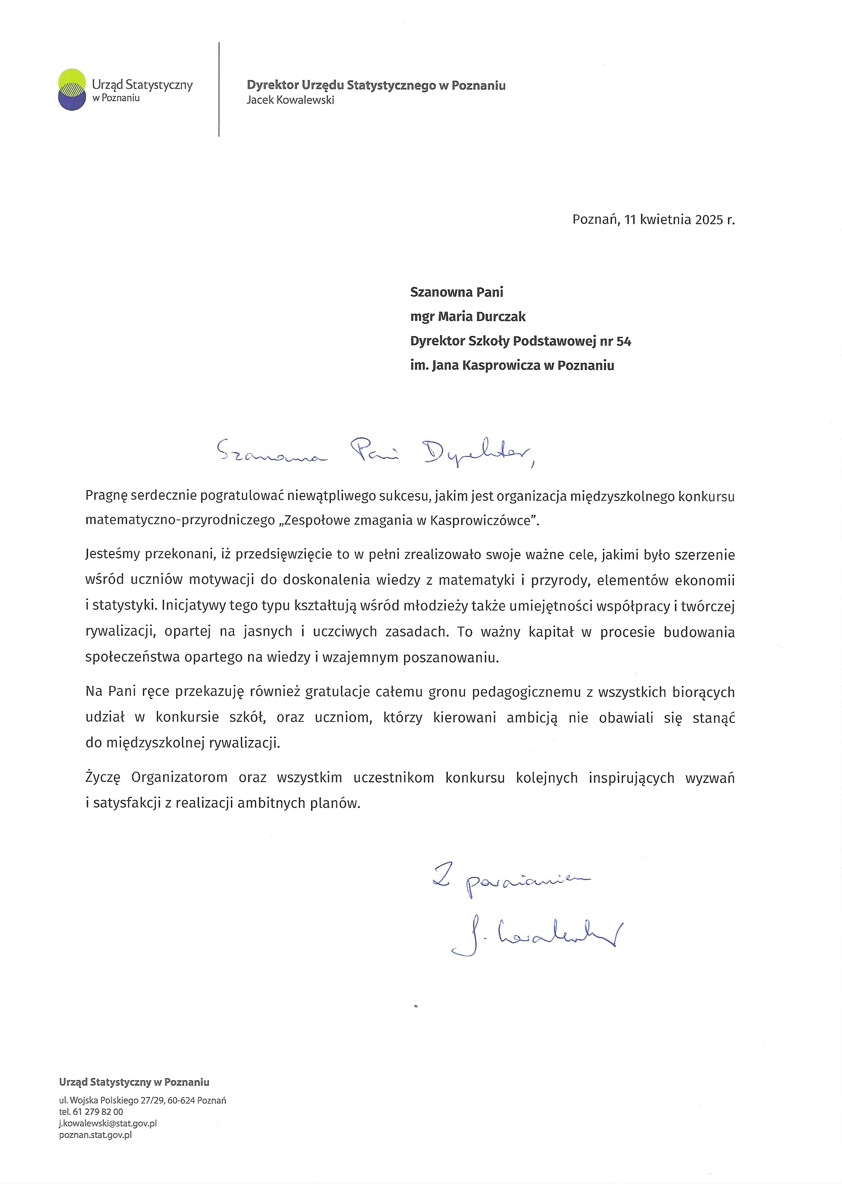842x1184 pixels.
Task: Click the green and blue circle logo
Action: tap(72, 89)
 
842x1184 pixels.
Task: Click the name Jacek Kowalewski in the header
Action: tap(290, 100)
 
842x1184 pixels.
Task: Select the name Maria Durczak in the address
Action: tap(482, 317)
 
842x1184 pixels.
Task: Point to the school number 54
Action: tap(624, 341)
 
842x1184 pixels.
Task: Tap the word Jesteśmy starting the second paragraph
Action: tap(112, 555)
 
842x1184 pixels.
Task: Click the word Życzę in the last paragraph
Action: tap(103, 778)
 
